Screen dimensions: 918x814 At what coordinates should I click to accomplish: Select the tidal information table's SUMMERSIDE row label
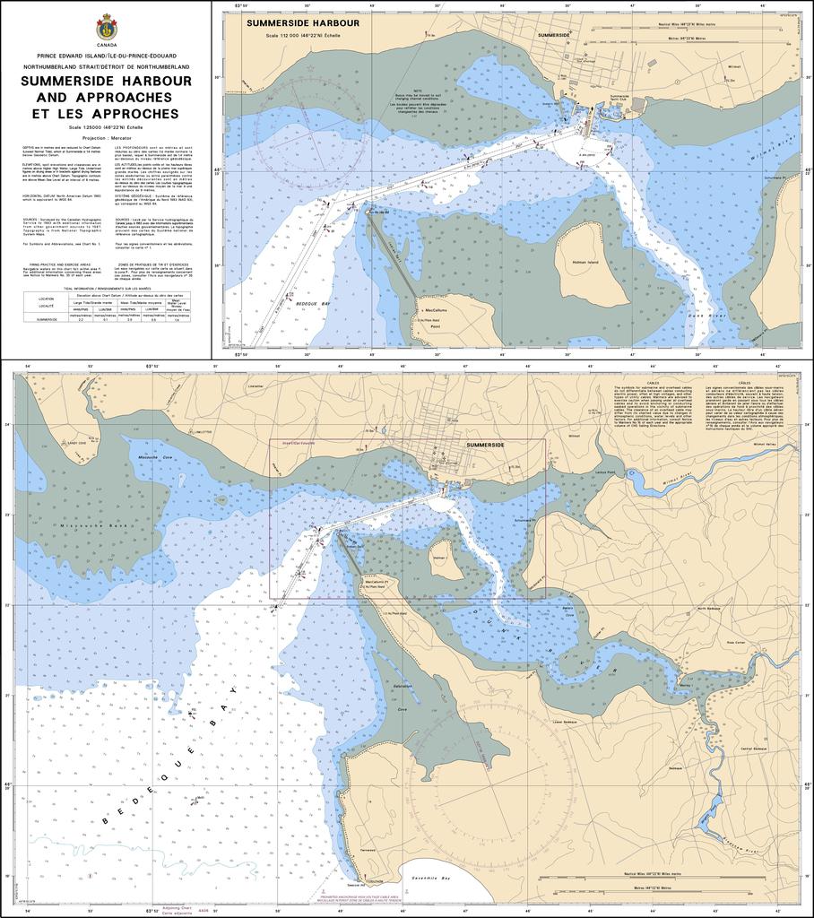coord(47,319)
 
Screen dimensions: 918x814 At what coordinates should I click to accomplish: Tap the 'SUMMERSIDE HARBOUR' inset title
coord(303,22)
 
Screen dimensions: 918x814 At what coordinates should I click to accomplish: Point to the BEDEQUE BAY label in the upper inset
coord(313,305)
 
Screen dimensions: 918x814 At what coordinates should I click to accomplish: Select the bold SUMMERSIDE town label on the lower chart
coord(485,445)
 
